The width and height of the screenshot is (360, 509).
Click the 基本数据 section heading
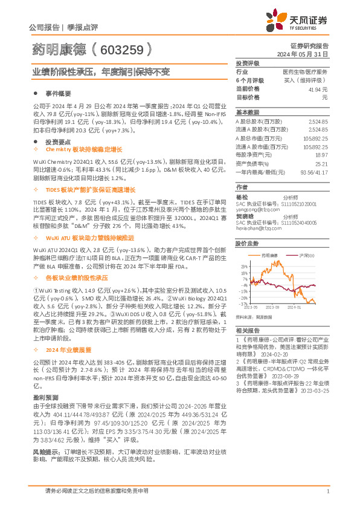pyautogui.click(x=247, y=112)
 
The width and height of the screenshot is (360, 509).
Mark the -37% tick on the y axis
pyautogui.click(x=242, y=303)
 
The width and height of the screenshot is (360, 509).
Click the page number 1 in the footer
pyautogui.click(x=327, y=491)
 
